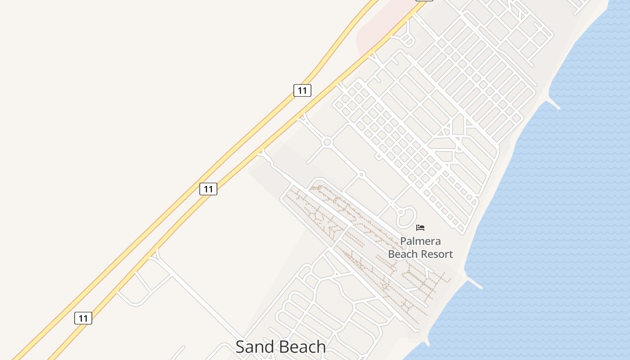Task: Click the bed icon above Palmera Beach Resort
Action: pyautogui.click(x=420, y=228)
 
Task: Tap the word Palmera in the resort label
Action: pyautogui.click(x=420, y=241)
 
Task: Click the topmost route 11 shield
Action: pyautogui.click(x=302, y=90)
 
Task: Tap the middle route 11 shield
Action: pyautogui.click(x=208, y=189)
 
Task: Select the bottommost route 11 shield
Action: pyautogui.click(x=83, y=319)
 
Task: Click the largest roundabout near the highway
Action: pyautogui.click(x=327, y=143)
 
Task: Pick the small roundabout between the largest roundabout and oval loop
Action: pyautogui.click(x=361, y=174)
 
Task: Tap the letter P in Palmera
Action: pyautogui.click(x=403, y=241)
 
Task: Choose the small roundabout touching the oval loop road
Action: pyautogui.click(x=400, y=212)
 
